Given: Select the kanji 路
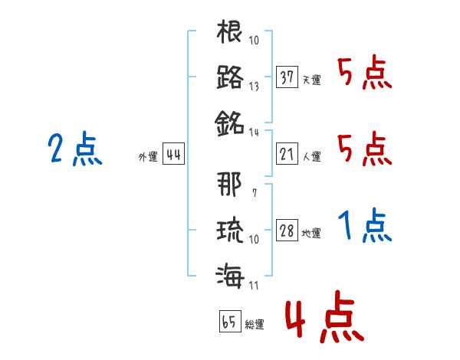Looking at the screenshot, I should pos(230,77).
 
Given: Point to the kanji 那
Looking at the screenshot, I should pos(230,185).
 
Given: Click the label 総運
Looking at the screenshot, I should pos(254,324).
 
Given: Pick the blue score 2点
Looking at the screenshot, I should pos(74,149).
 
